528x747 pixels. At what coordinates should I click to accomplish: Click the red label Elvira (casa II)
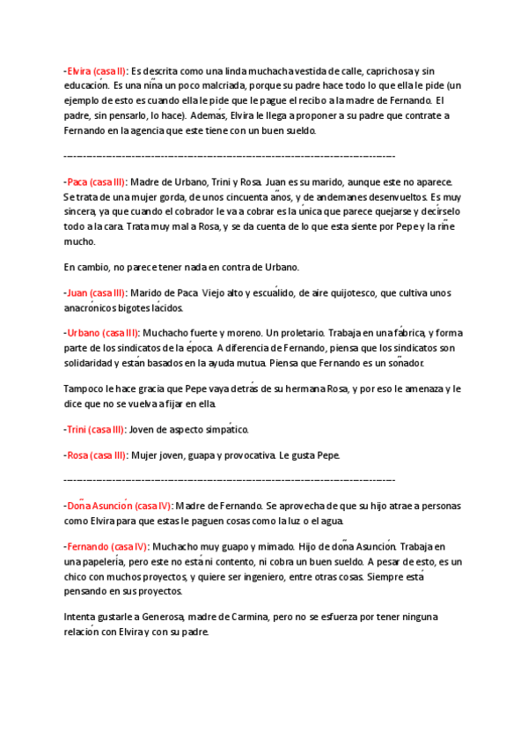pyautogui.click(x=96, y=70)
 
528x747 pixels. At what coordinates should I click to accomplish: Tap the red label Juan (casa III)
pyautogui.click(x=96, y=292)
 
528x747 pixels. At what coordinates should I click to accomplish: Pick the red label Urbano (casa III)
pyautogui.click(x=102, y=333)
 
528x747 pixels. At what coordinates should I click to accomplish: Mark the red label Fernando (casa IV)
pyautogui.click(x=106, y=546)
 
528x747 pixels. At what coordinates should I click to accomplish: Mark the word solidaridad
pyautogui.click(x=93, y=363)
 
